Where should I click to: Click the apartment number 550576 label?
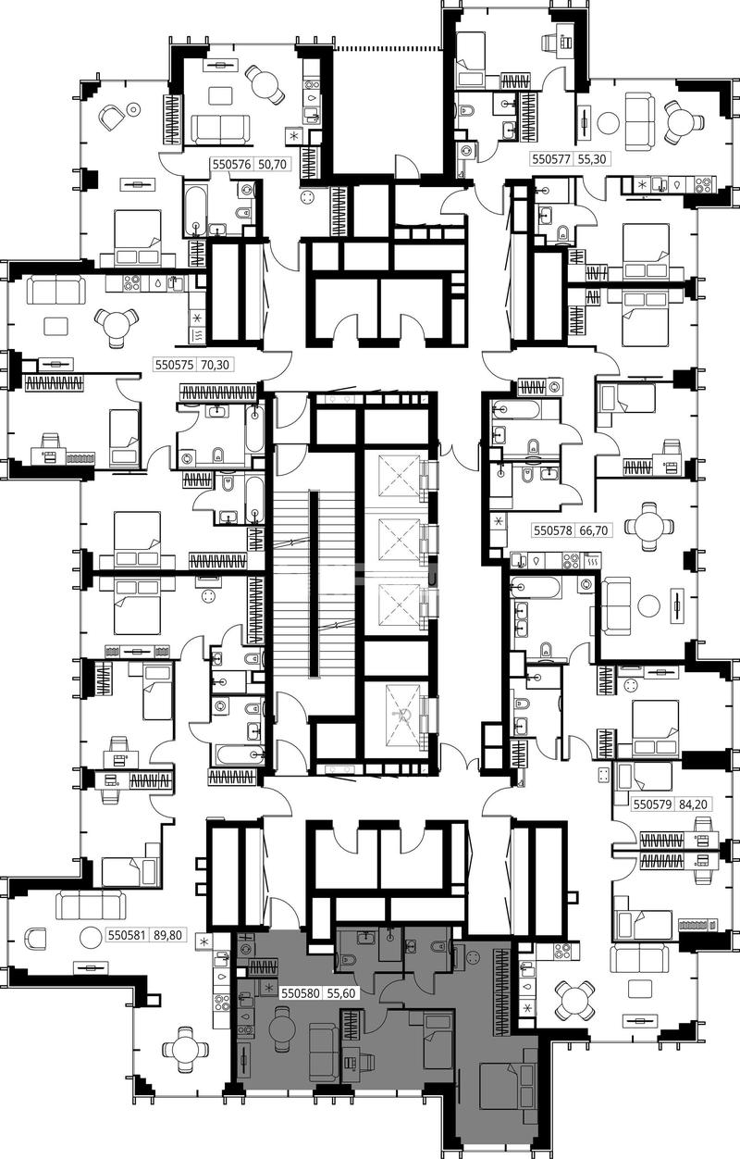(x=231, y=165)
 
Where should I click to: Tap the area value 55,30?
(x=592, y=159)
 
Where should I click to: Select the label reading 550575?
(x=174, y=365)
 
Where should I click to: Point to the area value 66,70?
(x=594, y=530)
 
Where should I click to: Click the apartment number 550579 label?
(x=653, y=804)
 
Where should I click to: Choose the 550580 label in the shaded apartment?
(x=300, y=993)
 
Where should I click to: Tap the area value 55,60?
(x=340, y=993)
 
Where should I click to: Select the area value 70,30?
(x=215, y=365)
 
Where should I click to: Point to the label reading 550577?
(x=551, y=159)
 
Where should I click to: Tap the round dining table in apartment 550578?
(x=649, y=526)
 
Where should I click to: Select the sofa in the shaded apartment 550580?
(x=324, y=1055)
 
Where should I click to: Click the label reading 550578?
(x=553, y=530)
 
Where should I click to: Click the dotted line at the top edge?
(x=387, y=49)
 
